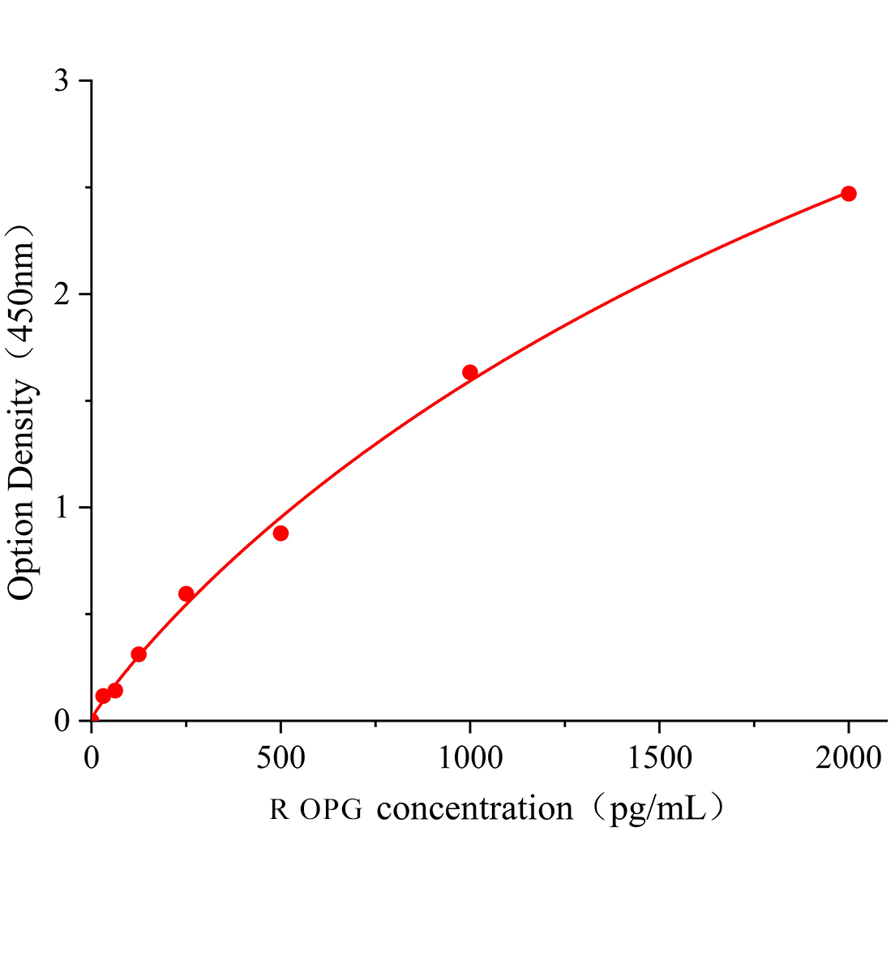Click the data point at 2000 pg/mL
click(x=848, y=194)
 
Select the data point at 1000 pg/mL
click(x=469, y=372)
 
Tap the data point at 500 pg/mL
click(x=280, y=533)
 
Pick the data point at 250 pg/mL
click(x=186, y=594)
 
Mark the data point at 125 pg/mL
click(x=139, y=654)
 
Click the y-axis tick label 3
click(x=62, y=81)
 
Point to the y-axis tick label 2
click(x=62, y=294)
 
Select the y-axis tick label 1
click(x=62, y=508)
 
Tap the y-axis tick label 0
click(x=62, y=721)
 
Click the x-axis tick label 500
click(x=280, y=759)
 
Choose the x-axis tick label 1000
click(x=469, y=759)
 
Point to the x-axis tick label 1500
click(x=658, y=759)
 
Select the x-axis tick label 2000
click(x=848, y=759)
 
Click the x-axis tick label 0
click(x=92, y=759)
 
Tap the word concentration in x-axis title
click(x=475, y=808)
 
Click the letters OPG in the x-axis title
click(x=331, y=809)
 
